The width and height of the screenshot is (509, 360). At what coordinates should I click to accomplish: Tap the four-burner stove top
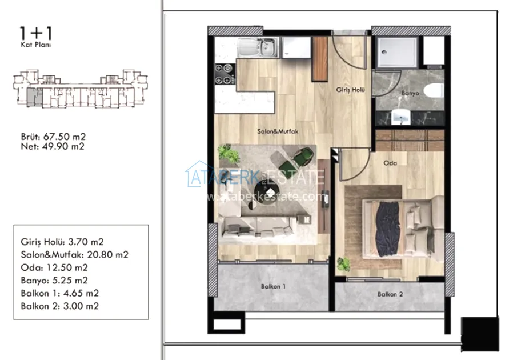point(225,74)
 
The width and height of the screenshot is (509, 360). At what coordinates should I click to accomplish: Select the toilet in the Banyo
point(434,90)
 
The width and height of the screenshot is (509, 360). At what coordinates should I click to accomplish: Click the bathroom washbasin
point(401,117)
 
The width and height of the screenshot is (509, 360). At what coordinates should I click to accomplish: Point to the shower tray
point(396,52)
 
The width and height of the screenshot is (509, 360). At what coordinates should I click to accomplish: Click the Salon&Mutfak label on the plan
point(278,131)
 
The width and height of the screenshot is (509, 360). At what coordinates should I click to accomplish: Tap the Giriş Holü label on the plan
point(351,90)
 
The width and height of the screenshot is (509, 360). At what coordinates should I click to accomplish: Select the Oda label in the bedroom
point(390,163)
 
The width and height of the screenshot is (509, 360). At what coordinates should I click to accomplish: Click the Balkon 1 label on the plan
point(273,287)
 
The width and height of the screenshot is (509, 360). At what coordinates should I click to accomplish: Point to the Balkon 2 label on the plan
point(390,294)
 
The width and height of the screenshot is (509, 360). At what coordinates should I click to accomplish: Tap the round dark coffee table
point(266,193)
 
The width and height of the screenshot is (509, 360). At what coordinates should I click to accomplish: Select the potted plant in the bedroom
point(343,264)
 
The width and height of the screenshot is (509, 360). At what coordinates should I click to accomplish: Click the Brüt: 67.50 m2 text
point(53,137)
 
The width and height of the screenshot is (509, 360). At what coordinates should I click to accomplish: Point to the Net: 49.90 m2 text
point(53,146)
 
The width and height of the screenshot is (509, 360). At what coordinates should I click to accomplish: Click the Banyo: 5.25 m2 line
point(54,281)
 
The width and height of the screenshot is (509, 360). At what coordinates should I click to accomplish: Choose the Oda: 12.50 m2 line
point(54,267)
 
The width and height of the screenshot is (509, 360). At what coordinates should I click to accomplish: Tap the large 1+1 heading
point(36,33)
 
